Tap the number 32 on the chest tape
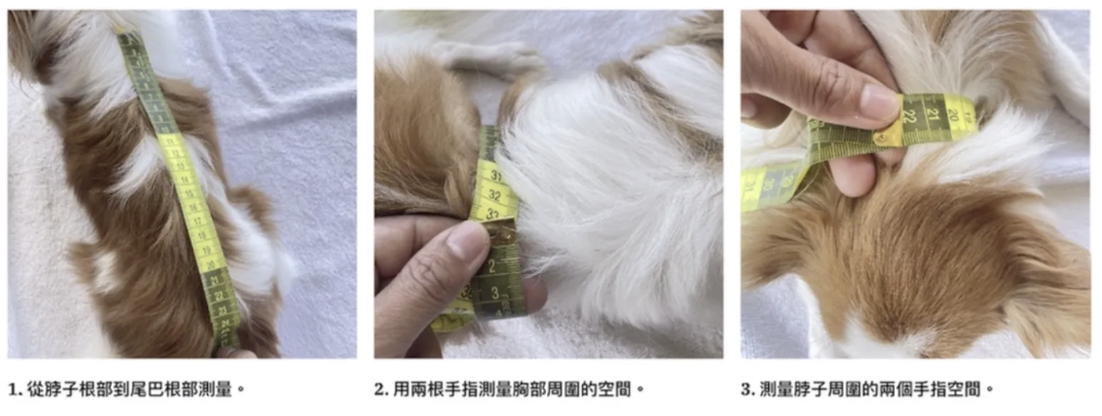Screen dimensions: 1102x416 coord(494,196)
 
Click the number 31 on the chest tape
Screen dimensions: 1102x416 coord(495,176)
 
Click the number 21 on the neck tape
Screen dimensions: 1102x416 coord(933,114)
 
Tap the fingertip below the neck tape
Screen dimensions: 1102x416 coord(853,175)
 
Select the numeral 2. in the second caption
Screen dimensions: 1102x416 coord(382,389)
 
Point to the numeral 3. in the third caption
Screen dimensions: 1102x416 coord(748,389)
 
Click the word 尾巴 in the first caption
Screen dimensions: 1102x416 coord(147,389)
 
